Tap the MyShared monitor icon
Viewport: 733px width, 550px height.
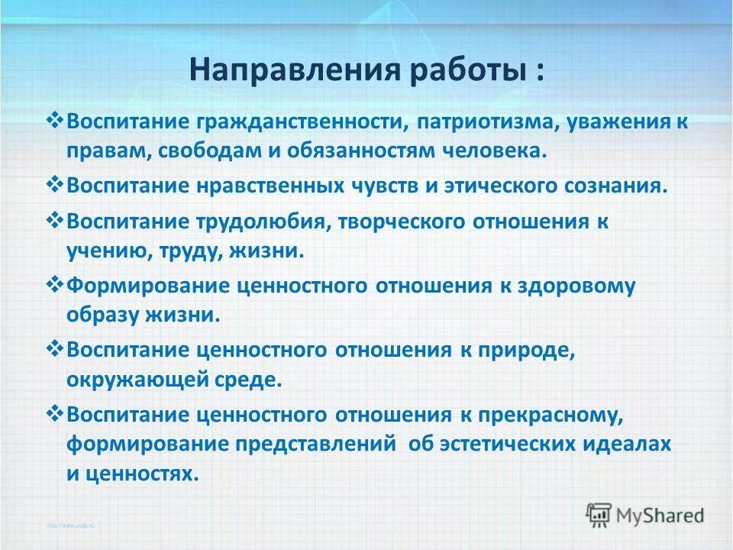[x=599, y=513]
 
